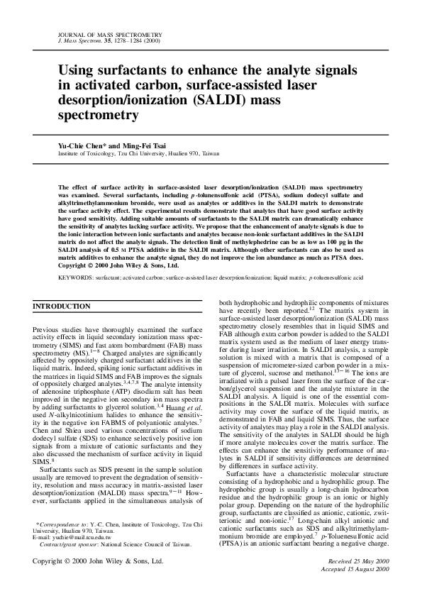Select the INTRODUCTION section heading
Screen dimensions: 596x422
tap(62, 307)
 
